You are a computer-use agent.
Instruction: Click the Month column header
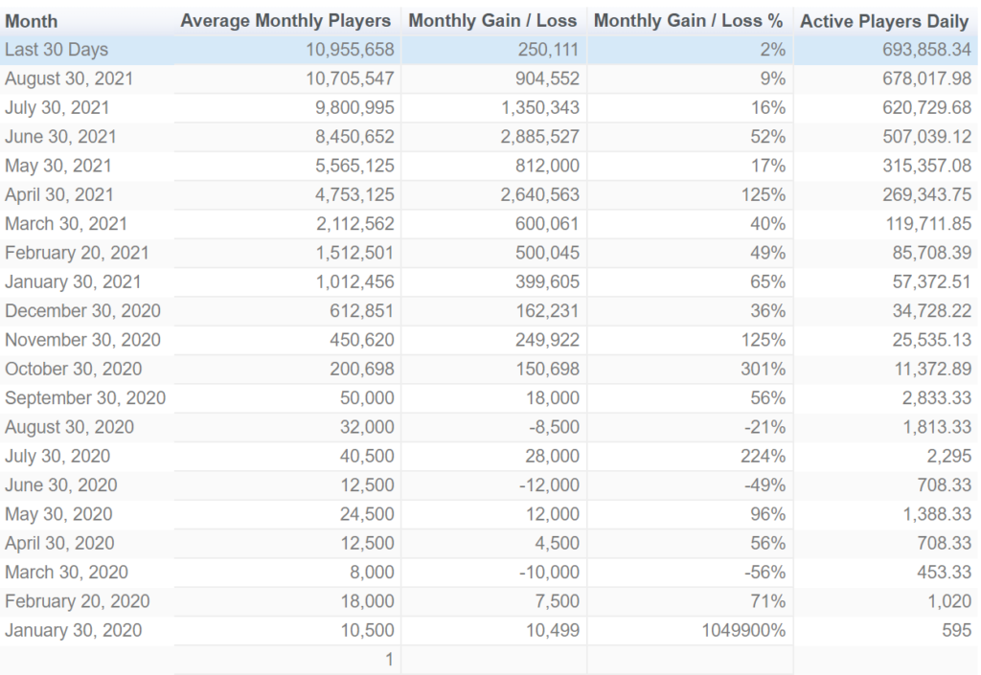(x=32, y=21)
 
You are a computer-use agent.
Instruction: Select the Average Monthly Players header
(x=285, y=21)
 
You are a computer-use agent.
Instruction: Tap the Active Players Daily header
(x=885, y=21)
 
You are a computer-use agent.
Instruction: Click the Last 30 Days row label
(x=57, y=50)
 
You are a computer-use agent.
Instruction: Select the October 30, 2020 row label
(x=73, y=369)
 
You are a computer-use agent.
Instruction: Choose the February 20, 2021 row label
(x=77, y=253)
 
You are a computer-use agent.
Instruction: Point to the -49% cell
(x=764, y=484)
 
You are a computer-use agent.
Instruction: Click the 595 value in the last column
(x=956, y=630)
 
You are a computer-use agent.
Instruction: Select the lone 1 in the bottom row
(x=389, y=660)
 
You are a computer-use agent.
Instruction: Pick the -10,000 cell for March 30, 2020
(x=549, y=572)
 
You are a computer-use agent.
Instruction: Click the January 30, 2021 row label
(x=73, y=281)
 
